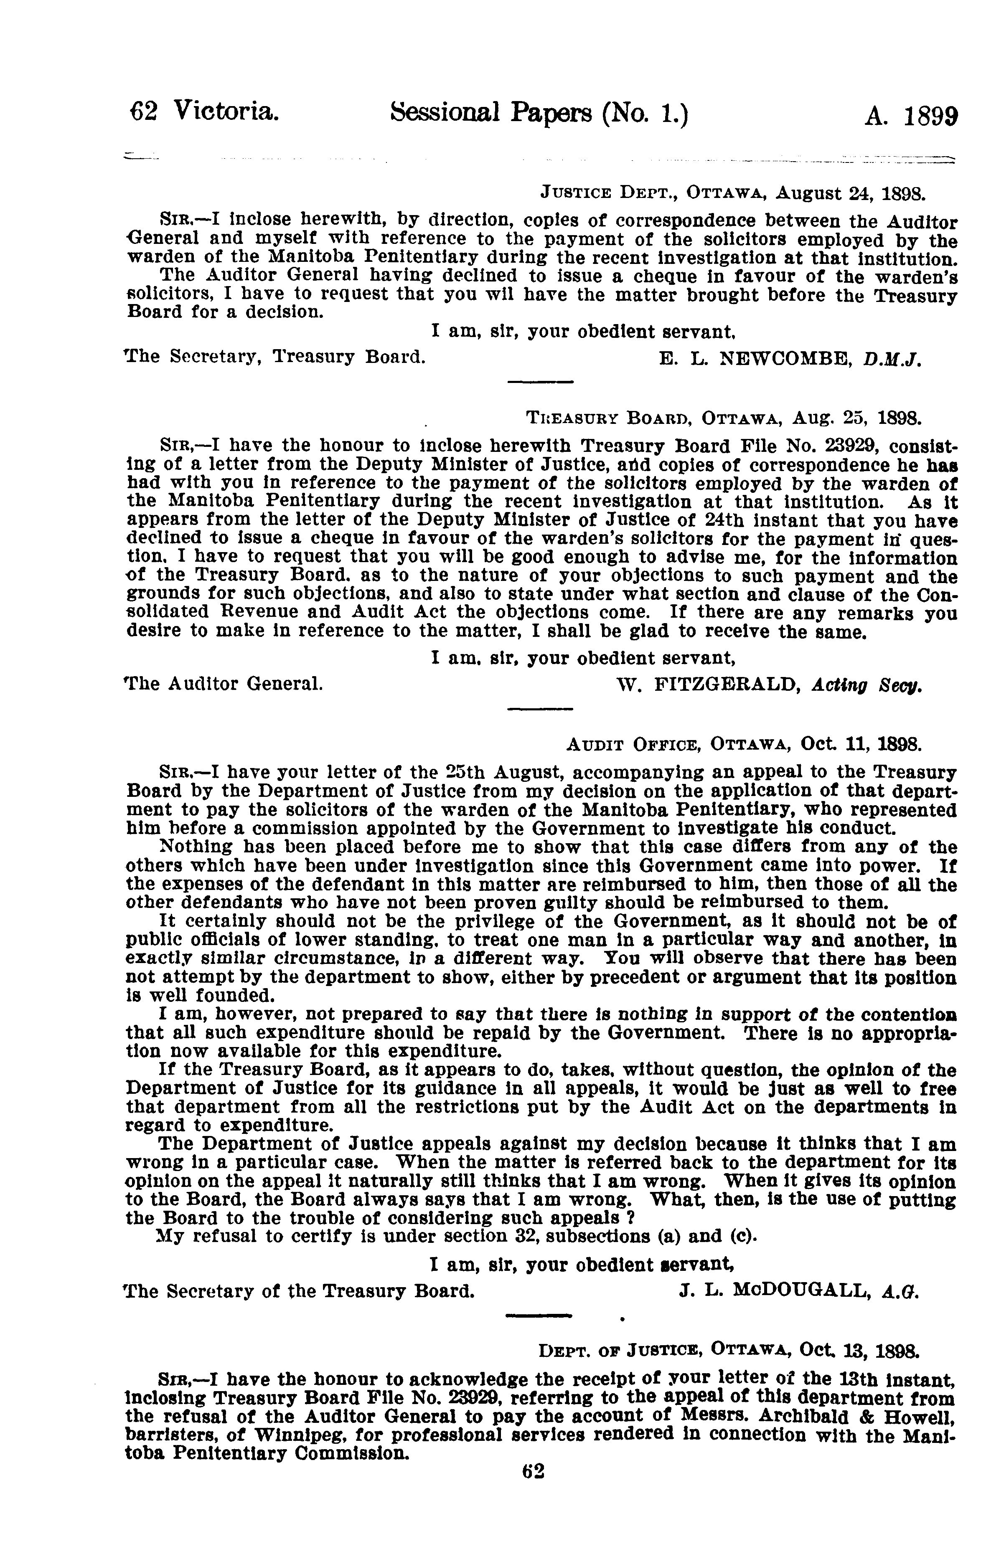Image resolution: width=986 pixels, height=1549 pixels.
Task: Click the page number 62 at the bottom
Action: point(533,1490)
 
